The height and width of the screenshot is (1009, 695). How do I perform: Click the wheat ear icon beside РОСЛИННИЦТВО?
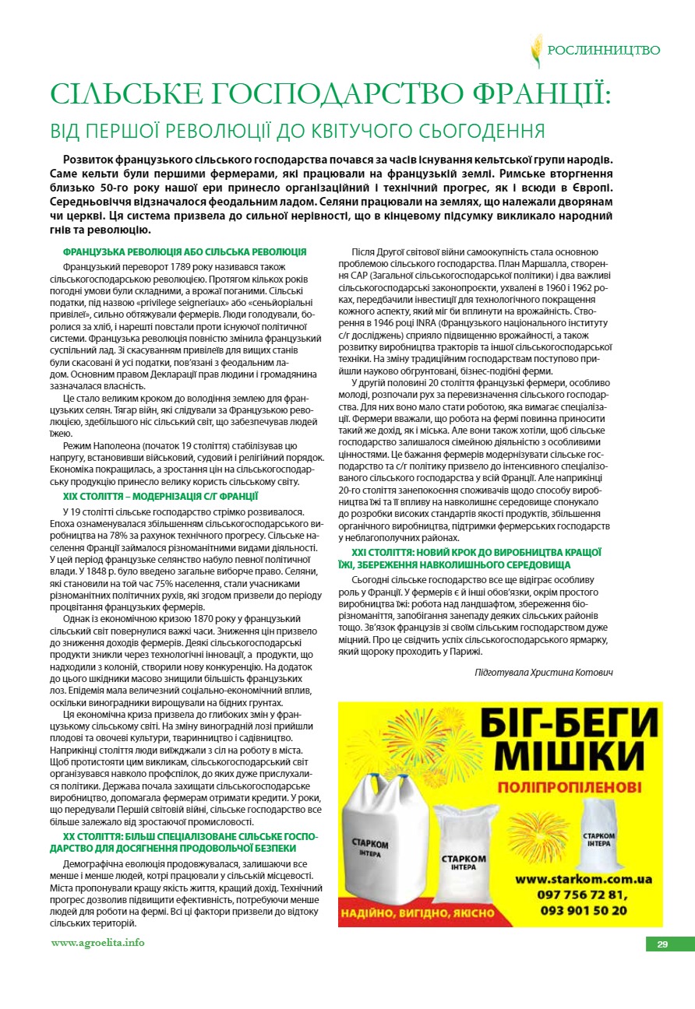[537, 51]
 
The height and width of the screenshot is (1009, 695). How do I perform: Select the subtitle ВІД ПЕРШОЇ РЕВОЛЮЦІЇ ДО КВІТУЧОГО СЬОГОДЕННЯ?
[297, 130]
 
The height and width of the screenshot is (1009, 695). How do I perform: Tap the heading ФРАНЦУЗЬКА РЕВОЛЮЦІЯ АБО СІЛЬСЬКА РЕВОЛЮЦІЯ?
[184, 252]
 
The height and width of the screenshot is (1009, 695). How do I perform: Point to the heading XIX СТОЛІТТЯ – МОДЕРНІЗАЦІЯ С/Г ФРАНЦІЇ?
[161, 495]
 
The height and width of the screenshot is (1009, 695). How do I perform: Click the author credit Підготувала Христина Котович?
[544, 671]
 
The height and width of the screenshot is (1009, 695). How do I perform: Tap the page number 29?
[662, 944]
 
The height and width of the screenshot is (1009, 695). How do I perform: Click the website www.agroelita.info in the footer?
[97, 943]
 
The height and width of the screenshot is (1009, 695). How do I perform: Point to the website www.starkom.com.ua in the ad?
[583, 879]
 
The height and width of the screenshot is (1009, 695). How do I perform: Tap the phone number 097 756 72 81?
[582, 895]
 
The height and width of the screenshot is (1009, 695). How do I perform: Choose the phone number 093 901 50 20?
[582, 909]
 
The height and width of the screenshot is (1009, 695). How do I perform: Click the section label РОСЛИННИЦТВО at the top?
[604, 51]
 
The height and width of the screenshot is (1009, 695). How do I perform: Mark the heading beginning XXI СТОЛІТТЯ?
[471, 558]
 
